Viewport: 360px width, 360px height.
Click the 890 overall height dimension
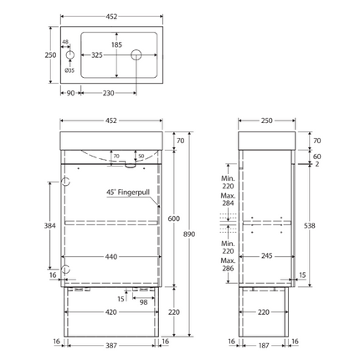pyautogui.click(x=189, y=234)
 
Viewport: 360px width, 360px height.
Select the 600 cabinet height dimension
pyautogui.click(x=173, y=219)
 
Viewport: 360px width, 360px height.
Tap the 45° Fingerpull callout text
pyautogui.click(x=128, y=193)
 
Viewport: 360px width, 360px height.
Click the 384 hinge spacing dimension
pyautogui.click(x=49, y=225)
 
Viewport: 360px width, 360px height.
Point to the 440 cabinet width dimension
pyautogui.click(x=111, y=256)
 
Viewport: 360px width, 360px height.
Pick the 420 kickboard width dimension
pyautogui.click(x=111, y=312)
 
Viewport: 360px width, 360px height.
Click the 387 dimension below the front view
pyautogui.click(x=111, y=346)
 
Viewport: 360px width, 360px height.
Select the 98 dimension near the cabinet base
pyautogui.click(x=143, y=302)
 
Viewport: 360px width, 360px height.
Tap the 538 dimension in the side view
pyautogui.click(x=310, y=225)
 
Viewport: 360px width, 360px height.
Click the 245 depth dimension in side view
pyautogui.click(x=266, y=255)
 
